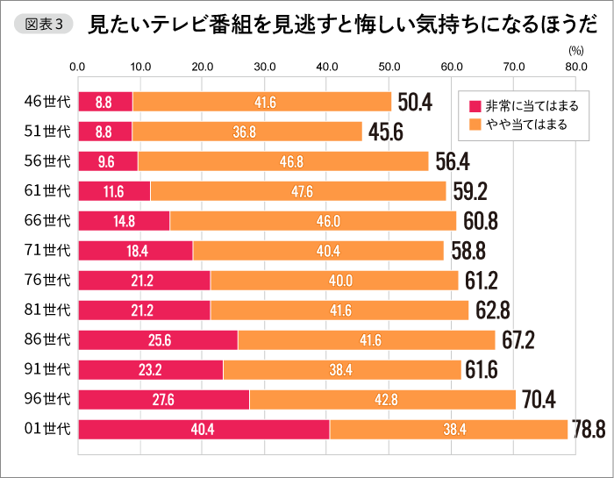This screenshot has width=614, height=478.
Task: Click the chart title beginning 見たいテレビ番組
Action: coord(334,25)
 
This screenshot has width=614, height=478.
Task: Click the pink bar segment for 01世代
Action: coord(203,429)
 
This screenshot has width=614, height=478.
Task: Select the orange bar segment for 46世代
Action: coord(261,102)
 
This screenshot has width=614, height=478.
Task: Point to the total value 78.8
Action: coord(589,429)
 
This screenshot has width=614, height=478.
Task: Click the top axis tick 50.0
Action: coord(389,67)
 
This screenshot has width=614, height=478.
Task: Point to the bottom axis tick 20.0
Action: coord(202,457)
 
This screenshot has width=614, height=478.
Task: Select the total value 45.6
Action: coord(385,132)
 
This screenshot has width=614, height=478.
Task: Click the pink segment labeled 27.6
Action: coord(164,399)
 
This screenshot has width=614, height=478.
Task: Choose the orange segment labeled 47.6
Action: coord(298,191)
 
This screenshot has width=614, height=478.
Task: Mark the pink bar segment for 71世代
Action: coord(135,251)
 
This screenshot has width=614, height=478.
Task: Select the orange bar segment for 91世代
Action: coord(341,369)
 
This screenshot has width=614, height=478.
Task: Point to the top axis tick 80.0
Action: coord(576,67)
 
